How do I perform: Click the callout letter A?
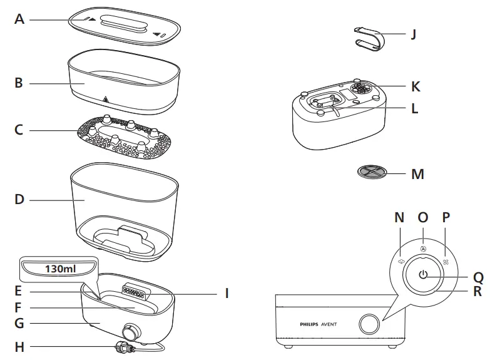(x=19, y=19)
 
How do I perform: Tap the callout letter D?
(x=19, y=200)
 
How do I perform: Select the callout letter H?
(x=19, y=346)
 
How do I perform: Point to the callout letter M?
(x=417, y=173)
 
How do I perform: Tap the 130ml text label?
(x=59, y=269)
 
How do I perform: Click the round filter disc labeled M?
(x=373, y=172)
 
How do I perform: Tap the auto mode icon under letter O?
(x=423, y=248)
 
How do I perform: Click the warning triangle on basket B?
(x=105, y=99)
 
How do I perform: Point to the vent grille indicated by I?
(x=140, y=292)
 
